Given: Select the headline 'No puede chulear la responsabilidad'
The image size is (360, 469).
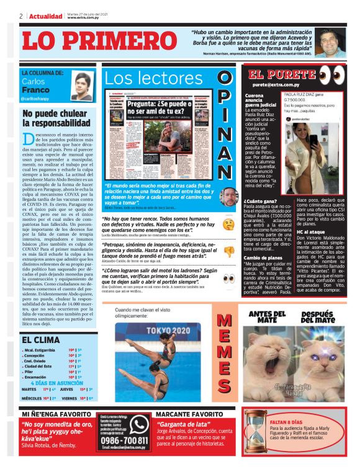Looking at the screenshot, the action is tap(54, 117).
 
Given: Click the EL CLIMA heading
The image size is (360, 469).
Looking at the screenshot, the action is tap(41, 339).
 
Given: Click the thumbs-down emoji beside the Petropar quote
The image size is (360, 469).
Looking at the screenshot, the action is tap(228, 251).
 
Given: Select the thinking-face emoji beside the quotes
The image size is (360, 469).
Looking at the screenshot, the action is tap(228, 223).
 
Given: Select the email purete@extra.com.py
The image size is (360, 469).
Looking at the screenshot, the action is tap(275, 84).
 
